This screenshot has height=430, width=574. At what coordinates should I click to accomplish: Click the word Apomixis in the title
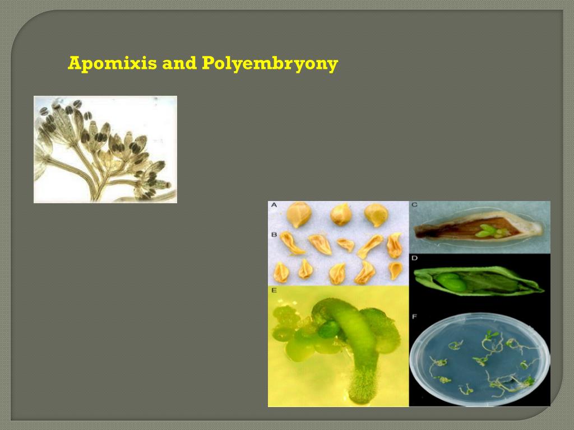112,64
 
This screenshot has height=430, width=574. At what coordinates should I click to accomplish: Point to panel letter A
274,205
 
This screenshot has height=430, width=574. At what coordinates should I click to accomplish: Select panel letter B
274,234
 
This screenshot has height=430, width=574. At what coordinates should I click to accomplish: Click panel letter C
414,205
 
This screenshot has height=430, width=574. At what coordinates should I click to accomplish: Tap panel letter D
414,259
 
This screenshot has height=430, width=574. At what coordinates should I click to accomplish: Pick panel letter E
274,290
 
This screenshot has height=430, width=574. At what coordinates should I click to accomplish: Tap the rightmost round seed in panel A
376,215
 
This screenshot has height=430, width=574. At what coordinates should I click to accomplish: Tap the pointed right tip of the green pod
541,290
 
